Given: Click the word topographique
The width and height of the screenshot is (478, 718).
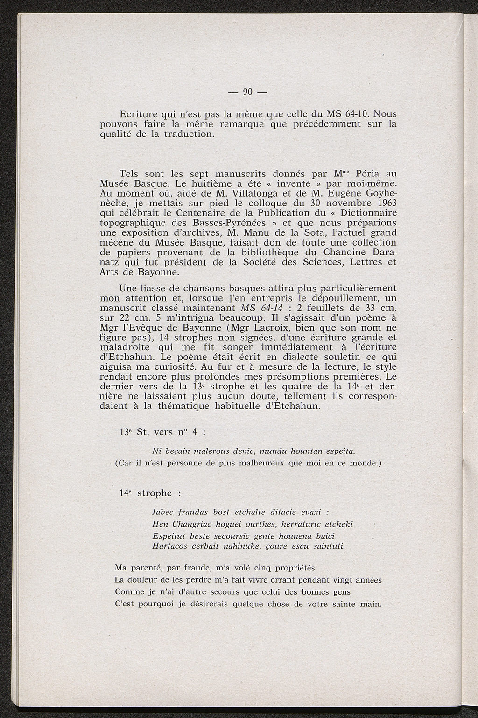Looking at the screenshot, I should click(134, 223).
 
